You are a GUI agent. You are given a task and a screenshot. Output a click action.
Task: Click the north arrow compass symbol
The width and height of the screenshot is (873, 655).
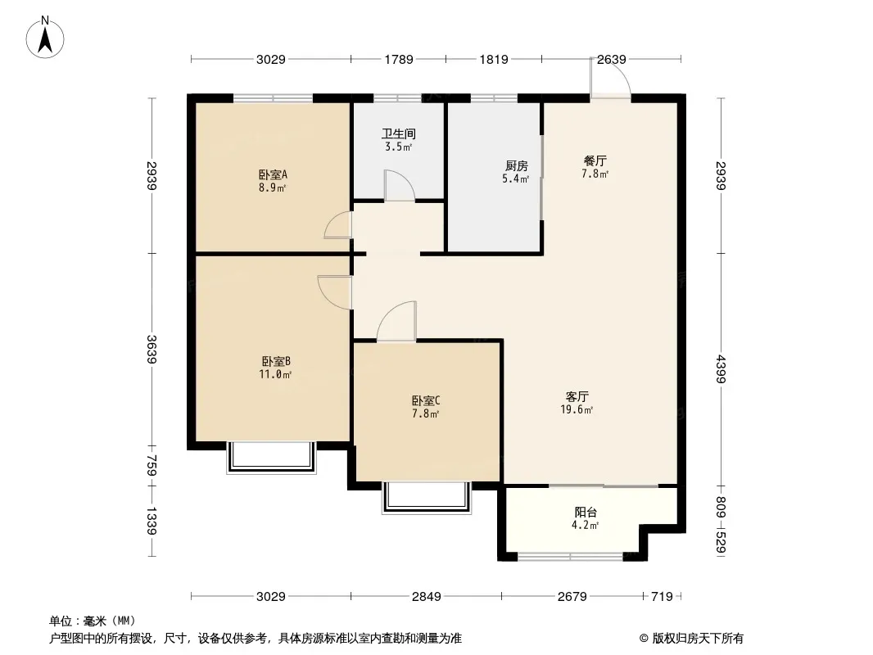[x=45, y=38]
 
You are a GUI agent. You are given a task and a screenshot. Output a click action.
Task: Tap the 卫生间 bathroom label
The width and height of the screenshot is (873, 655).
[x=399, y=133]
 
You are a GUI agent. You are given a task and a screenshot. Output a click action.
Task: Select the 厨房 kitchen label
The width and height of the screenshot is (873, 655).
[x=516, y=166]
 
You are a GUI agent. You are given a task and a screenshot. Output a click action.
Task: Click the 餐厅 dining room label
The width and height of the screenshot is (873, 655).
[x=595, y=160]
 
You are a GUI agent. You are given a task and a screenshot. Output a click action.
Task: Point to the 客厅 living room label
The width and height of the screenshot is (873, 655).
[x=577, y=397]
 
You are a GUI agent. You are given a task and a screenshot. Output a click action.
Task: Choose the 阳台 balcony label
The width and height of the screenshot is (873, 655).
[x=586, y=512]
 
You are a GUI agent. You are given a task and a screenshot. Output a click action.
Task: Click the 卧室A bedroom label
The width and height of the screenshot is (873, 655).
[x=273, y=174]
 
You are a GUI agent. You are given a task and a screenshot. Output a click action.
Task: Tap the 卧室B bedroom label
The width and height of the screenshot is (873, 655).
[x=276, y=362]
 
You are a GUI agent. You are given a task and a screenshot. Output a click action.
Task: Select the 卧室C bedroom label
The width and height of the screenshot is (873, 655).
[x=426, y=400]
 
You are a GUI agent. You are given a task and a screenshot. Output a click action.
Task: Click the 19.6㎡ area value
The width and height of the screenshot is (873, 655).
[x=577, y=410]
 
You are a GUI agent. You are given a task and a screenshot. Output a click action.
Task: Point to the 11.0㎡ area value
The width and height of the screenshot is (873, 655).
[x=275, y=374]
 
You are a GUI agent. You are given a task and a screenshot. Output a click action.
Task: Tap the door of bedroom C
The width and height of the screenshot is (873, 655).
[x=396, y=321]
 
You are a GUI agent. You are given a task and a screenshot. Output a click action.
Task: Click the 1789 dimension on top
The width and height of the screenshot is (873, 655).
[x=399, y=59]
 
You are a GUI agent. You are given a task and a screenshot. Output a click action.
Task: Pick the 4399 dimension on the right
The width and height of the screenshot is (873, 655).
[x=721, y=369]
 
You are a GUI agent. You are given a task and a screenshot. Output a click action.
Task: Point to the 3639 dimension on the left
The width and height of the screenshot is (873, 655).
[x=152, y=350]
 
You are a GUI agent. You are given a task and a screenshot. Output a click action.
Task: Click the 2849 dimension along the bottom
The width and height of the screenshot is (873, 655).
[x=427, y=597]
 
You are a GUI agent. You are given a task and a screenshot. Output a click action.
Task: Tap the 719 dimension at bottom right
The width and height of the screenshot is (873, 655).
[x=662, y=597]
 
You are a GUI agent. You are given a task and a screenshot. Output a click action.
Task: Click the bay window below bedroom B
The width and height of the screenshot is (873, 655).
[x=271, y=458]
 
